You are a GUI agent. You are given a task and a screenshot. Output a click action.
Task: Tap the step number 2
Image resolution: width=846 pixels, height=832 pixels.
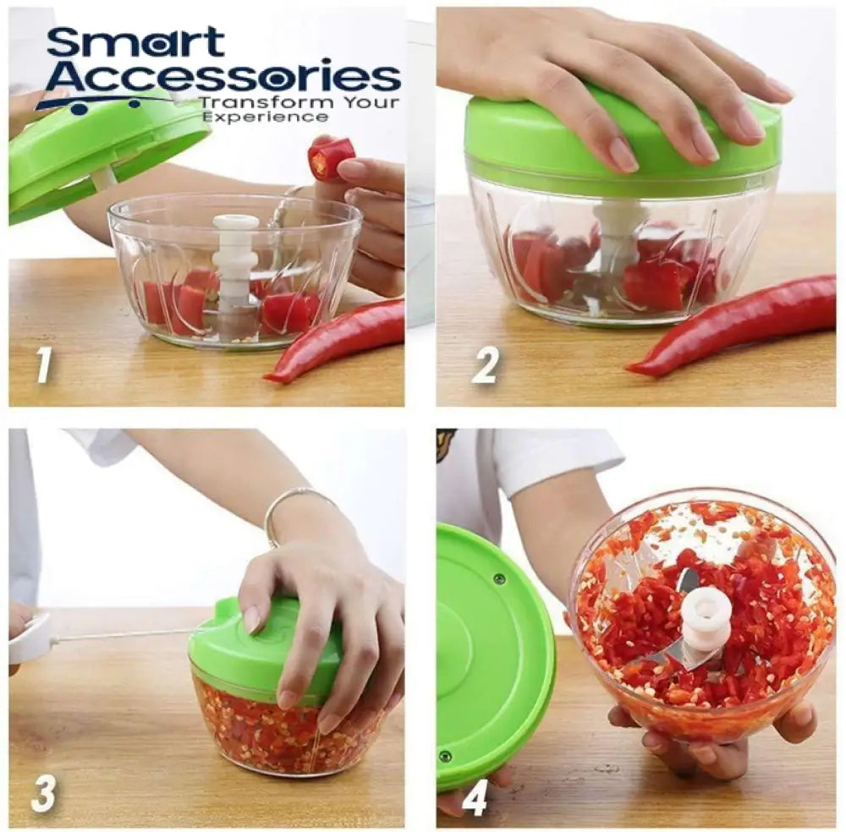(485, 365)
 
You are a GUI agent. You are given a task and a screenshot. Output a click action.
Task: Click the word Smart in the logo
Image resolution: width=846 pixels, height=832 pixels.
(136, 43)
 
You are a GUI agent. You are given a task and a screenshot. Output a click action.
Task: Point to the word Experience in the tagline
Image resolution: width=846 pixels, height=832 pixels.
(252, 118)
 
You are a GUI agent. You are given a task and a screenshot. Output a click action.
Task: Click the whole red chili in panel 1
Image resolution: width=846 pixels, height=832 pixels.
(338, 338)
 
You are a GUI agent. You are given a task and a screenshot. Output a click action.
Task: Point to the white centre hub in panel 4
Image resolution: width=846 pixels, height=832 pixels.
(706, 617)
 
